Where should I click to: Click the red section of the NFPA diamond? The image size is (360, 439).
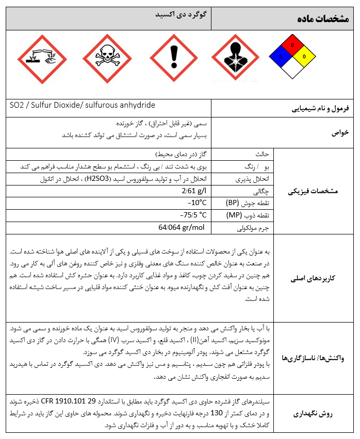coord(292,45)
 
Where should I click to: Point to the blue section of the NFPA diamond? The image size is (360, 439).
coord(281,56)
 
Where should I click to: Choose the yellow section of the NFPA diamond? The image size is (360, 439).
coord(303,56)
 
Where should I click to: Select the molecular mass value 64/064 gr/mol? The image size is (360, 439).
coord(182,227)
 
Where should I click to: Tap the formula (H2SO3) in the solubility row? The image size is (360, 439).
coord(98,179)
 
